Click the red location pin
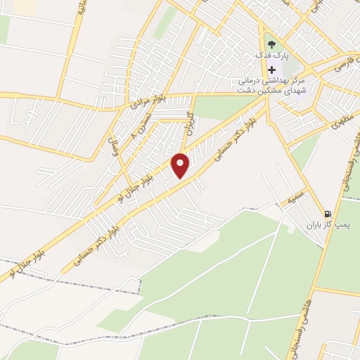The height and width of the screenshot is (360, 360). click(181, 166)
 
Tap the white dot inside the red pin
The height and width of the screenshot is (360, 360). click(181, 162)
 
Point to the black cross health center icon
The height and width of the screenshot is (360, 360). click(271, 70)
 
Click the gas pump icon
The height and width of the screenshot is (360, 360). click(328, 214)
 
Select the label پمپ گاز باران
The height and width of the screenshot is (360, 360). click(328, 226)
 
